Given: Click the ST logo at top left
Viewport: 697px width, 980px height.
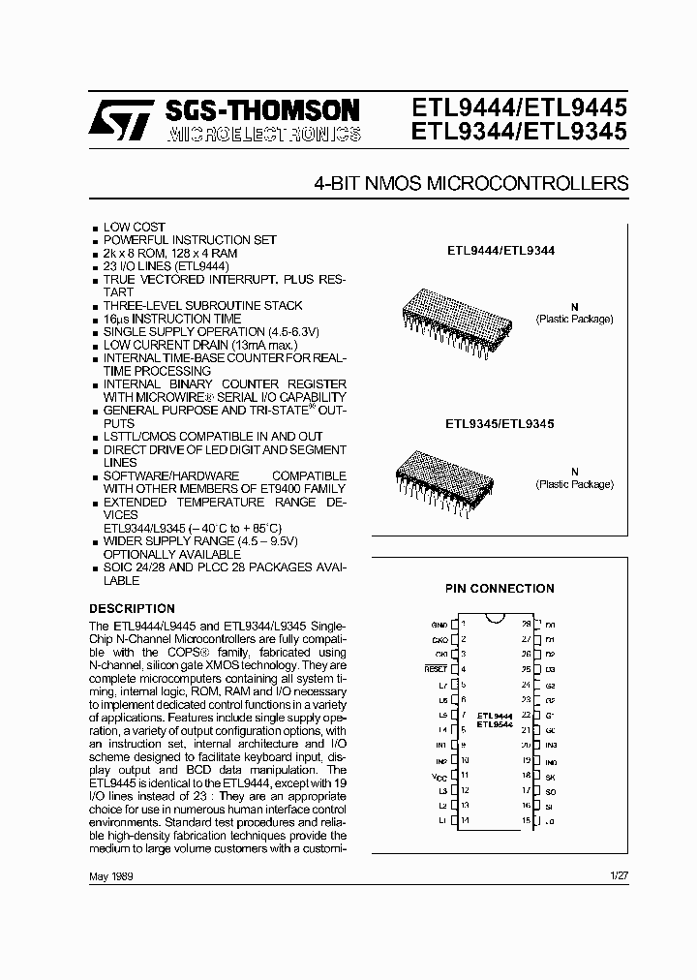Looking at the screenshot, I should [118, 121].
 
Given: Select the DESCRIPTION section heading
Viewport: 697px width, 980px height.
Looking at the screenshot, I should [132, 608].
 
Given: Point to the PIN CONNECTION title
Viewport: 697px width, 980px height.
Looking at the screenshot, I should [499, 588].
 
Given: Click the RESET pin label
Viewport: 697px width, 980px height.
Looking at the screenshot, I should [436, 669].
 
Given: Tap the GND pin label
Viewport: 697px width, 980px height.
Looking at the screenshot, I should [439, 625].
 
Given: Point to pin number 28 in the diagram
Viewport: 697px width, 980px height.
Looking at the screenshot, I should [527, 625].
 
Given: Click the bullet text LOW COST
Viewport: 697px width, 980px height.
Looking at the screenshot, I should [135, 227].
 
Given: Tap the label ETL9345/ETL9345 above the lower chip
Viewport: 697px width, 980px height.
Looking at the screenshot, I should [499, 423].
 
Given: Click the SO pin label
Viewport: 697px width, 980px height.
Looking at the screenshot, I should [550, 790].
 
